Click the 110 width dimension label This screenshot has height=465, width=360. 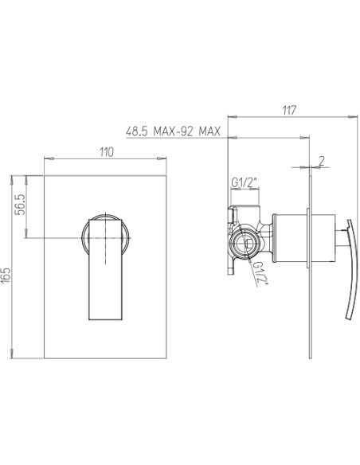pos(107,152)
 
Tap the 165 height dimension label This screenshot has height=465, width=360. pos(6,275)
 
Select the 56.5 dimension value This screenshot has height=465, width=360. pos(21,205)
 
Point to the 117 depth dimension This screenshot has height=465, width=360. pos(289,111)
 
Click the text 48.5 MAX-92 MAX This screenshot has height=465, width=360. pos(174,131)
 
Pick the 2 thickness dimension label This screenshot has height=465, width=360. pos(322,161)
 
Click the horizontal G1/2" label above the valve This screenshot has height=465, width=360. pos(244,182)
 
